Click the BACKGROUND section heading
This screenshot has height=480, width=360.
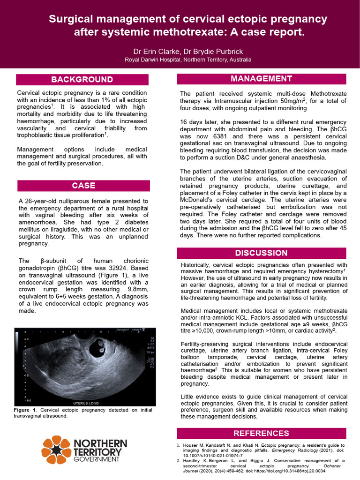82,79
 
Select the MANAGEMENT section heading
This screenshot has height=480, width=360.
261,78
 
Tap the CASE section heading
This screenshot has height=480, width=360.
83,185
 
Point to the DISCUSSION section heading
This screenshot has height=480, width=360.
261,253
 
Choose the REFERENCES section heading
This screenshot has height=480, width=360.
261,433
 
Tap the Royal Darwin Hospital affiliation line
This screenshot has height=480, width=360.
187,60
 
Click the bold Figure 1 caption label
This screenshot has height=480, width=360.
26,410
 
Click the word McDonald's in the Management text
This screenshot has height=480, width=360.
196,200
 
